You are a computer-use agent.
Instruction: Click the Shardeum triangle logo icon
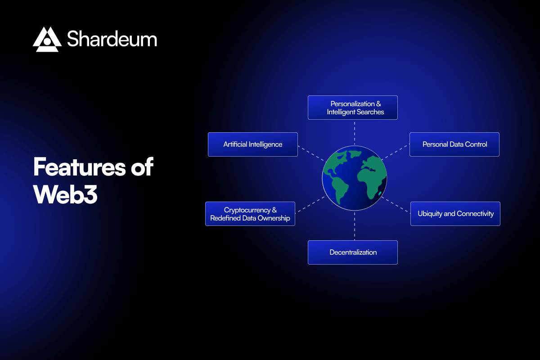(x=47, y=39)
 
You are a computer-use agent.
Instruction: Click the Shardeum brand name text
(x=112, y=39)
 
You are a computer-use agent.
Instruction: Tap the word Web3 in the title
(x=65, y=195)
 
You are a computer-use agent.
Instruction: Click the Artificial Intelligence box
(x=252, y=144)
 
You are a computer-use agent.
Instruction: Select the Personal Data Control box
(x=454, y=144)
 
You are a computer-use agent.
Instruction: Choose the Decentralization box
(x=352, y=252)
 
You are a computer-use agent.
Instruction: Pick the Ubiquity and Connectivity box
(x=455, y=214)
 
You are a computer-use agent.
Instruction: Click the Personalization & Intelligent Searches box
(x=352, y=108)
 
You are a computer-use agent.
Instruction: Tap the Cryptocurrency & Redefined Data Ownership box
(x=250, y=214)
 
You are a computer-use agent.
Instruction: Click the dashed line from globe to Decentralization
(x=354, y=225)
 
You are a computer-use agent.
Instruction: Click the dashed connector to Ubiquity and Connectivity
(x=398, y=203)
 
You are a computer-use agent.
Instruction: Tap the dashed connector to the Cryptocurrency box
(x=310, y=203)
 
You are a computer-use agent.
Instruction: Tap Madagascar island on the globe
(x=380, y=194)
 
